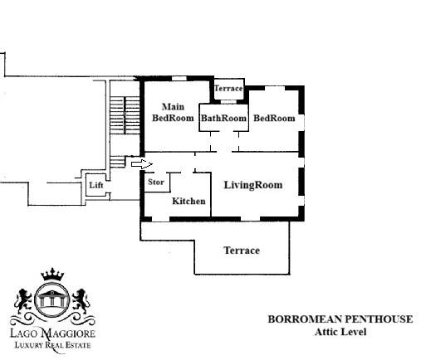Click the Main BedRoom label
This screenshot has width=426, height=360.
coord(173,113)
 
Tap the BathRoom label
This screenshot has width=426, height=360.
coord(223,118)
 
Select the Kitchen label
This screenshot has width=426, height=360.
coord(189,201)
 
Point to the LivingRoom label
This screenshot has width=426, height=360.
coord(253,185)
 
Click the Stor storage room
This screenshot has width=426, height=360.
coord(157,182)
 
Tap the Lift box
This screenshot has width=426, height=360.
coord(95,185)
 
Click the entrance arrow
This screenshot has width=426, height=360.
coord(142,164)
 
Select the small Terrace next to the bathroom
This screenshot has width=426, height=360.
coord(229,89)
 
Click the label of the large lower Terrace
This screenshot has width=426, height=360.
coord(242,251)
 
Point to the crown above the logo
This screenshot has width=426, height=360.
coord(52,275)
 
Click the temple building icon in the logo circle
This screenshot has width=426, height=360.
coord(52,299)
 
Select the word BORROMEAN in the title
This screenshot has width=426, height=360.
coord(305,319)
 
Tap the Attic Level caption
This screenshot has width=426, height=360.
coord(340,332)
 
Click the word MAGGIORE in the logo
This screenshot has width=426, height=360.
coord(69,333)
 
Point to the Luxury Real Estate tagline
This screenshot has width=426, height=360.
coord(52,345)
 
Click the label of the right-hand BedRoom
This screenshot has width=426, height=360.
coord(274,119)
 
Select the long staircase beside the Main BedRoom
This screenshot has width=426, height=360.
coord(125,115)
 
